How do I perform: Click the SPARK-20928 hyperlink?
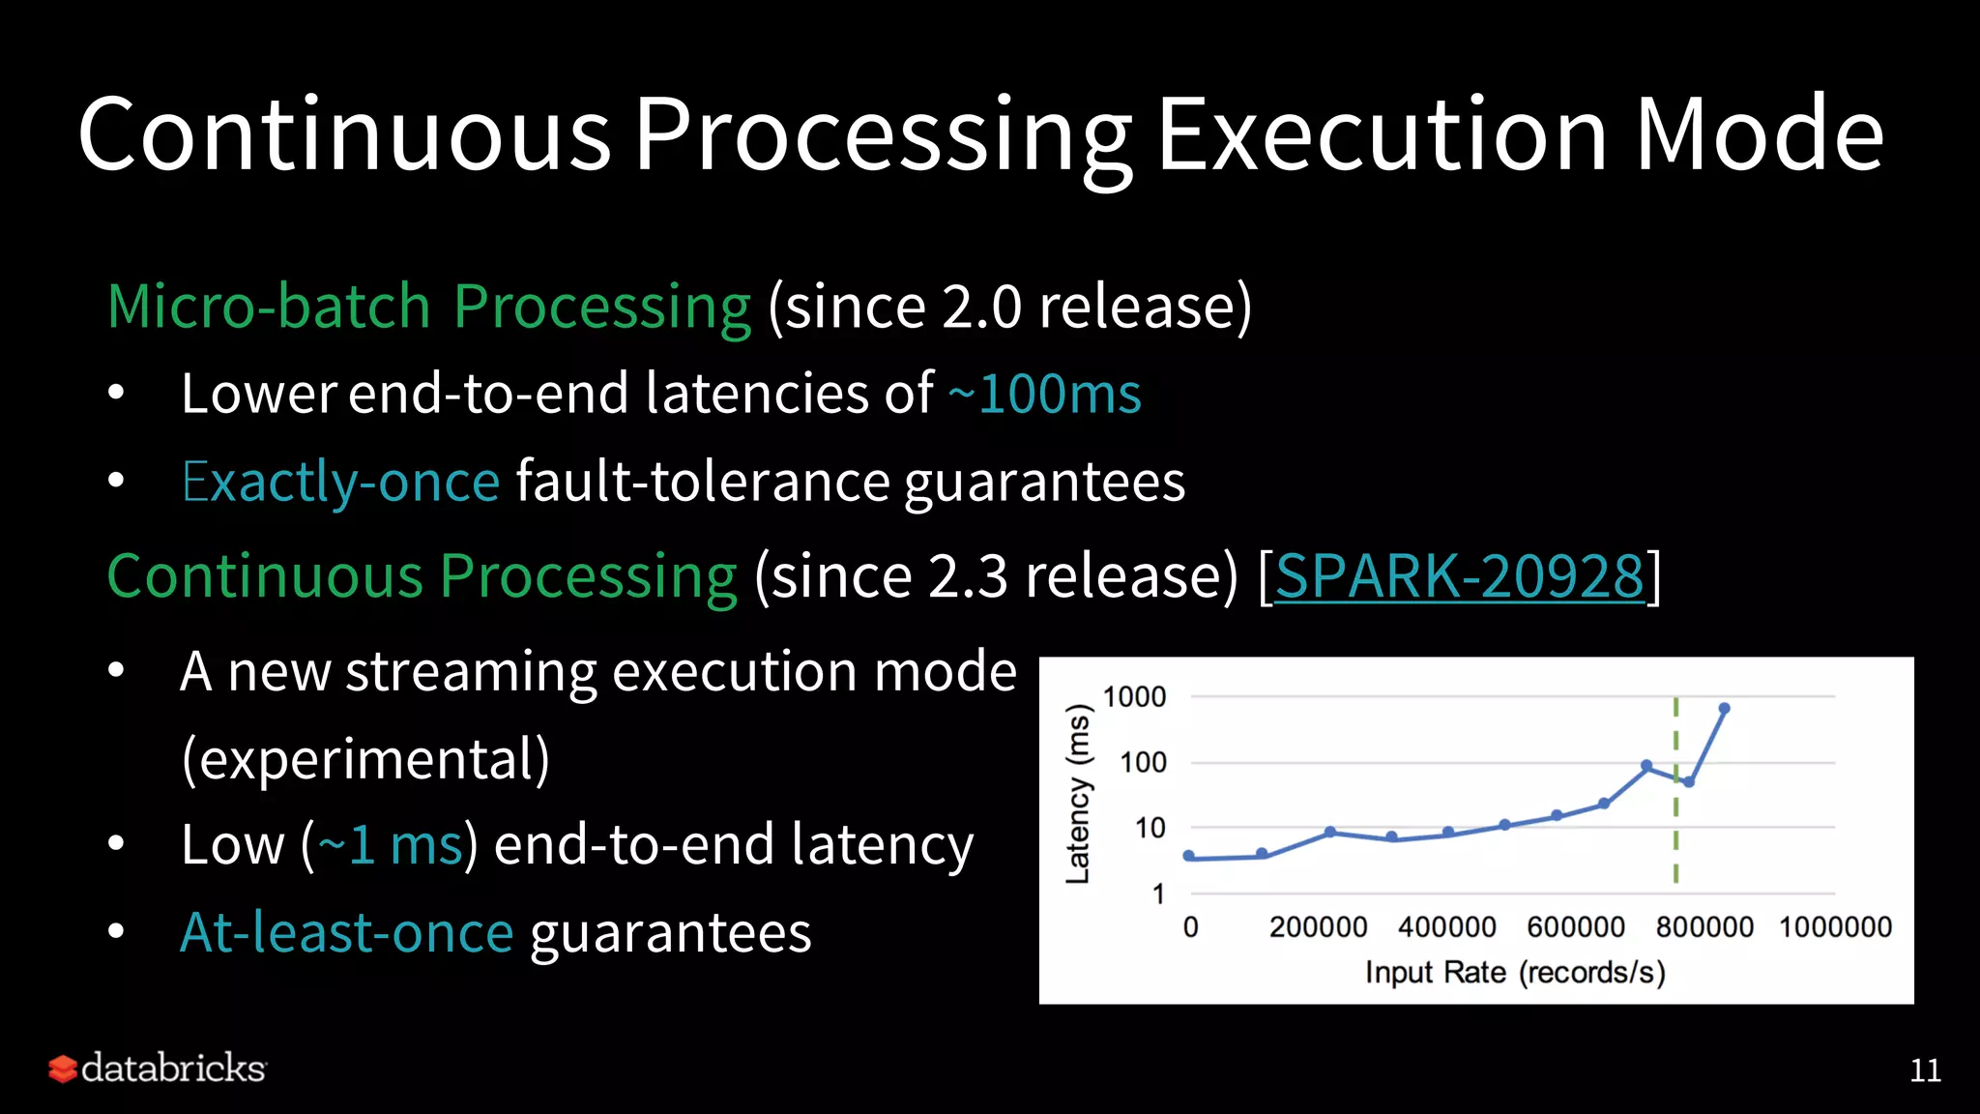[x=1459, y=577]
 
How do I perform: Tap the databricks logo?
[x=158, y=1069]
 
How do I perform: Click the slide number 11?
[x=1925, y=1070]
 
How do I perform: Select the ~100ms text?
[x=1044, y=395]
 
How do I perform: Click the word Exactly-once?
[x=340, y=482]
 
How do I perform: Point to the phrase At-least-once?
[x=346, y=933]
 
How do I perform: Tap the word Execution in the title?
[x=1383, y=135]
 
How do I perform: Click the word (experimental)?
[x=365, y=759]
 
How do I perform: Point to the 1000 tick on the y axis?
[x=1134, y=697]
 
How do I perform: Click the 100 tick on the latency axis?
[x=1143, y=763]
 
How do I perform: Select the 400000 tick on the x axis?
[x=1446, y=927]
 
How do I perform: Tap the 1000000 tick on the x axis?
[x=1835, y=927]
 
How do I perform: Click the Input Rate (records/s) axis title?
[x=1515, y=972]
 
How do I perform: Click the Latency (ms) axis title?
[x=1078, y=793]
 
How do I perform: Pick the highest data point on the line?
[x=1724, y=709]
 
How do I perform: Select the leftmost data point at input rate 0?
[x=1189, y=856]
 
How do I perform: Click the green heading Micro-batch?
[x=269, y=307]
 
